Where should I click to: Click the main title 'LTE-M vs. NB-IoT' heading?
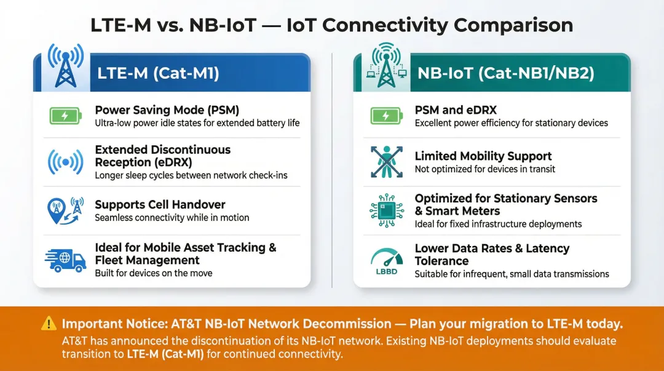coord(331,25)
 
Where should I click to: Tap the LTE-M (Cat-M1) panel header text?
coord(158,73)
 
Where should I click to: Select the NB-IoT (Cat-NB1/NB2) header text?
coord(505,73)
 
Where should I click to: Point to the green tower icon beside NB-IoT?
coord(385,65)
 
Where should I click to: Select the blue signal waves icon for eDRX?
coord(65,162)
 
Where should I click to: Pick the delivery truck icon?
coord(65,260)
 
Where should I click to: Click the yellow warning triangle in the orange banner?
coord(49,324)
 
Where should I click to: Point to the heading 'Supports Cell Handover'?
coord(160,205)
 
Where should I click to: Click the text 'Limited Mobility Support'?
coord(483,156)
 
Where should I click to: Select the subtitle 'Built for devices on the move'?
coord(153,273)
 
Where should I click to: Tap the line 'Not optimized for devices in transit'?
coord(484,169)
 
